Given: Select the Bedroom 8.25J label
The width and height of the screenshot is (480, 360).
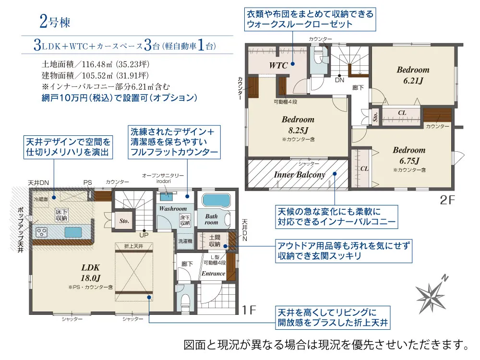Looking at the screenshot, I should [298, 124].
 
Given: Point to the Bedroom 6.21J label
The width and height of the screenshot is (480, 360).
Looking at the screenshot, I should [413, 75].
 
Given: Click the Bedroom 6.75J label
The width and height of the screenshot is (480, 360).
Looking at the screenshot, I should [408, 155].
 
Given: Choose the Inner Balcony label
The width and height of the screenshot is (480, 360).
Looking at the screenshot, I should [300, 175].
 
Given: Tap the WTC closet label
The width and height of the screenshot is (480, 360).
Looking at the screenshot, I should [278, 65].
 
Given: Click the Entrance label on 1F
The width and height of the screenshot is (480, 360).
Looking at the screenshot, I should [213, 274].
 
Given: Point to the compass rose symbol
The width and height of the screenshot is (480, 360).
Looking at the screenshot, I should [431, 293].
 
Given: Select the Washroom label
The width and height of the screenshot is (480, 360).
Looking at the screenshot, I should [173, 209].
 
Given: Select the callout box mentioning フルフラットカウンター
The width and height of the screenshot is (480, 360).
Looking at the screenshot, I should [173, 142].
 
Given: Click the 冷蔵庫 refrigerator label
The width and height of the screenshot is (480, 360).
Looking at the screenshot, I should [41, 198].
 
